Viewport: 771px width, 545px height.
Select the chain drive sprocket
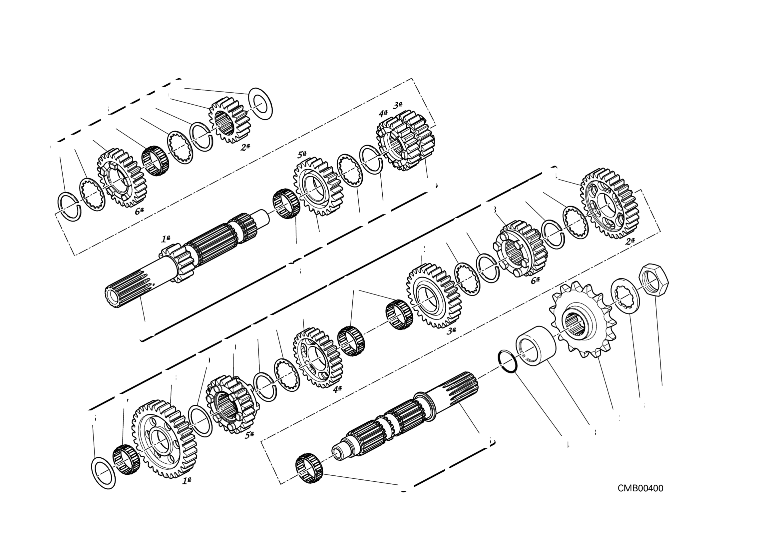[578, 320]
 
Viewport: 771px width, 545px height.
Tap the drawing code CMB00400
[640, 488]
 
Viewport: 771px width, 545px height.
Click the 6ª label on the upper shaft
[139, 211]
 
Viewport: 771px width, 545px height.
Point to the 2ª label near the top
[245, 147]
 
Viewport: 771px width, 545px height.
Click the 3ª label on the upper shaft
[398, 105]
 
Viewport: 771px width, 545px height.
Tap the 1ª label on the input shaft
[166, 239]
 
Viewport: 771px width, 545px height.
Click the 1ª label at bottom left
[187, 480]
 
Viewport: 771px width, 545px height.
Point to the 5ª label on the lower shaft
[249, 435]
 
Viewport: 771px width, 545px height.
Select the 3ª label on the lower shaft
[451, 330]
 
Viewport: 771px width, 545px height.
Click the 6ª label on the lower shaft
[535, 280]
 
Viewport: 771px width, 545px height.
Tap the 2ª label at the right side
[630, 241]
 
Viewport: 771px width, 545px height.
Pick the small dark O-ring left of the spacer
[507, 361]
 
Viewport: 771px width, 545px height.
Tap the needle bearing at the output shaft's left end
[309, 468]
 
